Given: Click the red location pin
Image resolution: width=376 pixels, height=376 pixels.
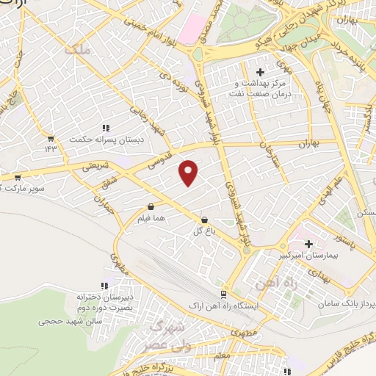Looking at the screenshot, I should tap(189, 173).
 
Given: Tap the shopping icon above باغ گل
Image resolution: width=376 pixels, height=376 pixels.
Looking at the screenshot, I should tap(204, 220).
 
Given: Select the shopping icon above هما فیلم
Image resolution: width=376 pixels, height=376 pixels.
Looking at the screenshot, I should tap(151, 207).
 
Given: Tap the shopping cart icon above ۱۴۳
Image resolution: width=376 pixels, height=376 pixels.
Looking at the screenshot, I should tap(50, 137).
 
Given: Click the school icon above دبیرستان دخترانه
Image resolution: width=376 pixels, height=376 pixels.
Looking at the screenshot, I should tap(103, 286).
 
